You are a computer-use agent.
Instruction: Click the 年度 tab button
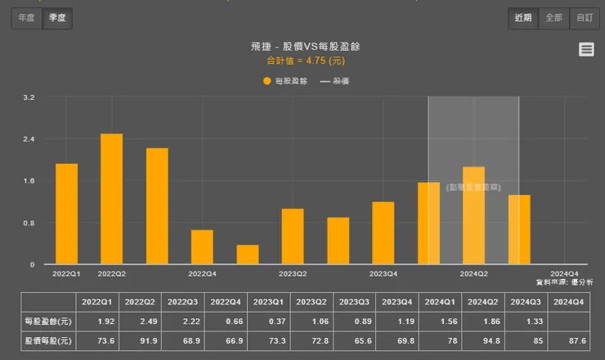click(x=26, y=18)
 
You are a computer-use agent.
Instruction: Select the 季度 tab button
click(x=57, y=18)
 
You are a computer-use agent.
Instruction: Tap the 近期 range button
click(x=523, y=18)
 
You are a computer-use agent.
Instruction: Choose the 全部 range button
click(x=553, y=18)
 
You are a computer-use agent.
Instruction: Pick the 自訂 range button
click(x=584, y=18)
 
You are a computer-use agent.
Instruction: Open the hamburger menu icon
click(x=586, y=49)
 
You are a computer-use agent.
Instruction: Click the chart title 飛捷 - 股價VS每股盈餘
click(x=305, y=47)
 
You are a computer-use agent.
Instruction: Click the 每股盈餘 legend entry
click(x=285, y=81)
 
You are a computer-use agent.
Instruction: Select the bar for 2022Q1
click(x=66, y=214)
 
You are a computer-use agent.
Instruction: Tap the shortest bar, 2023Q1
click(x=247, y=254)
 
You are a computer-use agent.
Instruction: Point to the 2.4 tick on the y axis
click(x=29, y=139)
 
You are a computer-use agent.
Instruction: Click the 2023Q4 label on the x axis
click(x=383, y=273)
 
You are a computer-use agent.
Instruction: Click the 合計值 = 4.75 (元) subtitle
click(x=305, y=61)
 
